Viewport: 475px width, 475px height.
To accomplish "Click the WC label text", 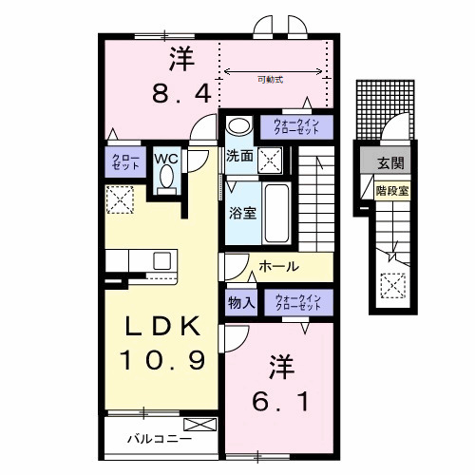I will pos(167,158).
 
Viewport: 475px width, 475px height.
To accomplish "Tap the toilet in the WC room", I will pos(168,179).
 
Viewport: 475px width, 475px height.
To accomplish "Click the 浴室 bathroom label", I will pos(241,214).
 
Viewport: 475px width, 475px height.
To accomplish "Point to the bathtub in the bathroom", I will pos(276,213).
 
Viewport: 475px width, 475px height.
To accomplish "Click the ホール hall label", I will pos(278,266).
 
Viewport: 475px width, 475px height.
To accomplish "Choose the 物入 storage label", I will pos(240,303).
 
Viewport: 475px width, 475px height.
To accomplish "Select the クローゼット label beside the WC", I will pos(124,161).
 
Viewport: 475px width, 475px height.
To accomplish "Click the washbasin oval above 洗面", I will pos(238,125).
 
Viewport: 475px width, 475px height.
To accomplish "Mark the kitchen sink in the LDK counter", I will pos(161,260).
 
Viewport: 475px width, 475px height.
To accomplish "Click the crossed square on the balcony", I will pos(199,424).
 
